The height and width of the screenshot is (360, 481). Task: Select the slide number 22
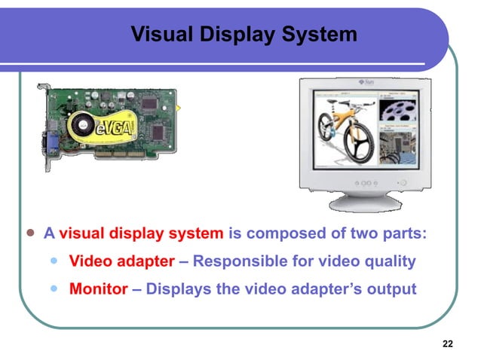pos(448,344)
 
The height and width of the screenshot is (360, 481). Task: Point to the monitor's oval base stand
pos(369,202)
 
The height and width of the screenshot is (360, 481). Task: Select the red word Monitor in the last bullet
pos(98,288)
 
